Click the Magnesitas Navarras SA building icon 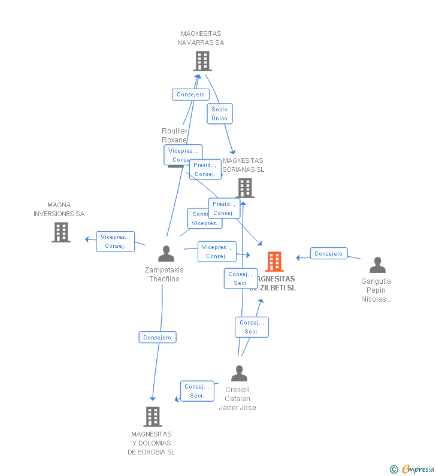point(202,61)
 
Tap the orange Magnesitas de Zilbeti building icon point(274,262)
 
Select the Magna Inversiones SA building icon point(61,232)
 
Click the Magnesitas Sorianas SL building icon point(245,188)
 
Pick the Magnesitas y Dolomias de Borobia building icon point(153,417)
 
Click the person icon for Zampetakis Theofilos point(166,254)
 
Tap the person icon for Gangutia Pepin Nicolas point(377,265)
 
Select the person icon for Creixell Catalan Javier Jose point(239,374)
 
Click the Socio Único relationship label point(220,114)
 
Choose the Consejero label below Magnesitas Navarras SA point(190,95)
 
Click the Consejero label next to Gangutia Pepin point(329,254)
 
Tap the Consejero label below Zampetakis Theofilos point(158,338)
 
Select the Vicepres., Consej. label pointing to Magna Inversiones point(115,241)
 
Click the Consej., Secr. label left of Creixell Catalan point(197,391)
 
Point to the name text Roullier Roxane point(174,135)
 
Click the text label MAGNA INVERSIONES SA point(59,210)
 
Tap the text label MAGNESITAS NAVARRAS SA point(201,38)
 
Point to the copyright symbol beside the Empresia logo point(394,469)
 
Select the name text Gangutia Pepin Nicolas point(376,290)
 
